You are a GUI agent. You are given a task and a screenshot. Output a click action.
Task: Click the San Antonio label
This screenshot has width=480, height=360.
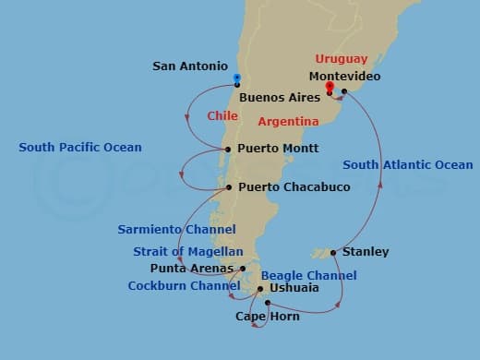pyautogui.click(x=188, y=66)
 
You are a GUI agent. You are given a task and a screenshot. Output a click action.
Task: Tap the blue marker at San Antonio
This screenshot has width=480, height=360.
pyautogui.click(x=237, y=79)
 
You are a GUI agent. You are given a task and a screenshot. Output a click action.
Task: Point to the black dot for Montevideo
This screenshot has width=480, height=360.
pyautogui.click(x=343, y=91)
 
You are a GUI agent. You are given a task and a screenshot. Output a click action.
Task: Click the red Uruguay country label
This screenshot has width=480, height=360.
pyautogui.click(x=341, y=59)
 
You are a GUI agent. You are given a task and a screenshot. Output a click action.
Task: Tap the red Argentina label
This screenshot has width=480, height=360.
pyautogui.click(x=288, y=121)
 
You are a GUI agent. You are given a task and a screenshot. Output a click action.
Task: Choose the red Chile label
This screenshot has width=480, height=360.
pyautogui.click(x=222, y=116)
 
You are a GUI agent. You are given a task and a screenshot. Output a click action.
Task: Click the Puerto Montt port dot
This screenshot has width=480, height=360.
pyautogui.click(x=228, y=149)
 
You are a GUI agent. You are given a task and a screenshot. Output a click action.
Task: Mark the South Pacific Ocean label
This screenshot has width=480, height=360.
pyautogui.click(x=80, y=147)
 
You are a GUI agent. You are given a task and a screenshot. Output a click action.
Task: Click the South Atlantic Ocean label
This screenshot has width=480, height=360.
pyautogui.click(x=407, y=165)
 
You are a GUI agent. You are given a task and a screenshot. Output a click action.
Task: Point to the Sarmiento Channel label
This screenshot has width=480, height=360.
pyautogui.click(x=176, y=229)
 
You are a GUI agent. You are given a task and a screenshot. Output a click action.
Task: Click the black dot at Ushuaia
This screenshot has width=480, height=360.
pyautogui.click(x=260, y=288)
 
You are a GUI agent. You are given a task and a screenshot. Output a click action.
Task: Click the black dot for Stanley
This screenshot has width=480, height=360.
pyautogui.click(x=333, y=252)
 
